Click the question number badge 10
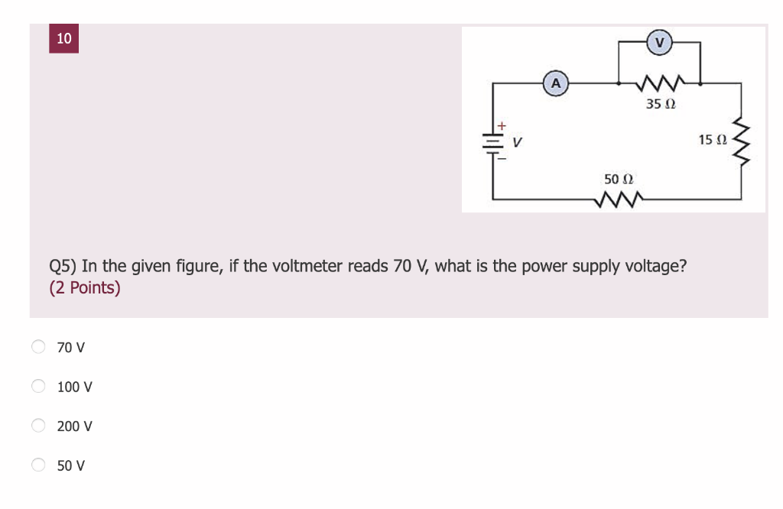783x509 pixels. click(63, 38)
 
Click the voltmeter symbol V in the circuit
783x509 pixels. click(659, 41)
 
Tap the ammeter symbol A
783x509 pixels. click(555, 83)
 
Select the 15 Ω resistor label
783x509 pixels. click(712, 140)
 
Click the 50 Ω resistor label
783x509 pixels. click(619, 179)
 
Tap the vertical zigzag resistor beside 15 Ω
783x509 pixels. click(741, 141)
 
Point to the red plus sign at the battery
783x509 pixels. click(502, 125)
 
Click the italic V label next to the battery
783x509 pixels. click(518, 141)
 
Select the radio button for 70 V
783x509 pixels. click(39, 347)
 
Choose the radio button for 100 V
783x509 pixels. click(39, 387)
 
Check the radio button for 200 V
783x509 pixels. click(39, 426)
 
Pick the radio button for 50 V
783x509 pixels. click(39, 465)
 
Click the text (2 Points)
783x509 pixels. click(85, 288)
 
